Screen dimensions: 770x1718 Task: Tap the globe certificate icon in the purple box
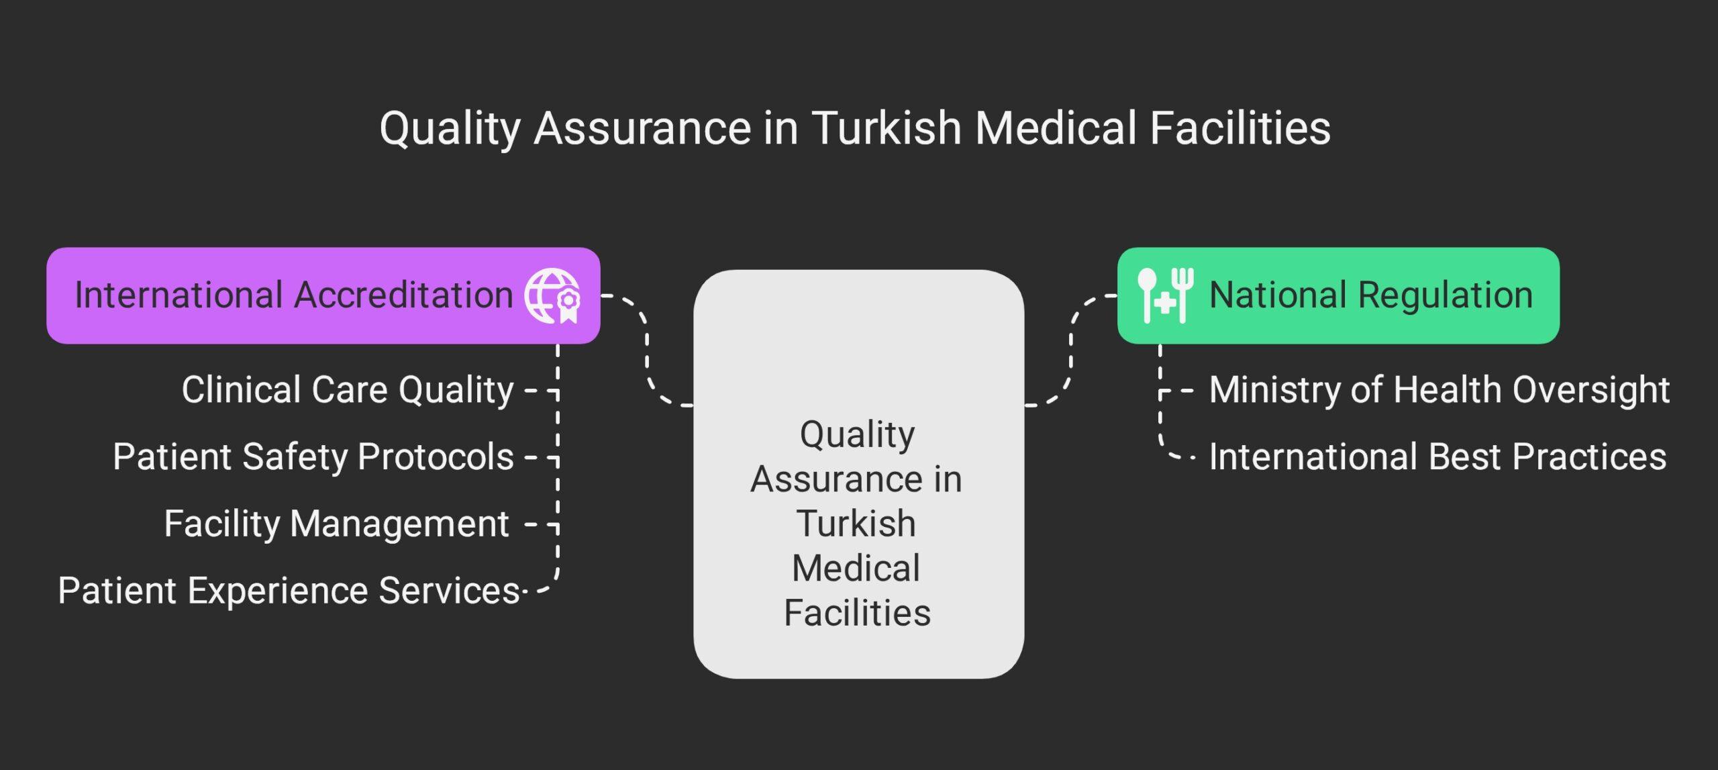(x=552, y=295)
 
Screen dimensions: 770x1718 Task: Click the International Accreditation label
(x=293, y=295)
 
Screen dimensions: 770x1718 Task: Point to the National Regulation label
(x=1370, y=295)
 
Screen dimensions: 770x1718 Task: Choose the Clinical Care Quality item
(x=347, y=389)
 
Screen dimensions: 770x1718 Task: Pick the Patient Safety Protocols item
(x=313, y=456)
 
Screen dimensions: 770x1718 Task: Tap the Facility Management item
(x=336, y=524)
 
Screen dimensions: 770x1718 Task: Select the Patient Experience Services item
(x=289, y=591)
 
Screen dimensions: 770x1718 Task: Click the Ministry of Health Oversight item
(x=1439, y=389)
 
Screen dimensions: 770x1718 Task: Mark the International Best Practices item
(x=1437, y=456)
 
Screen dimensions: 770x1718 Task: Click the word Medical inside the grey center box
(x=856, y=569)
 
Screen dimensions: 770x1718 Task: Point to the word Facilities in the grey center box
(x=857, y=613)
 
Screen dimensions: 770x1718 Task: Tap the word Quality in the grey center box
(x=857, y=434)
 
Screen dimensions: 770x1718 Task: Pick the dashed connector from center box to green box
(x=1071, y=349)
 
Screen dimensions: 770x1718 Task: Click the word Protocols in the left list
(x=436, y=456)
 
